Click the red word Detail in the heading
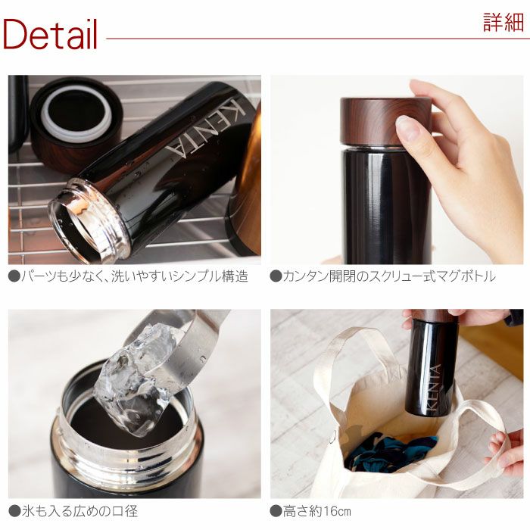point(50,34)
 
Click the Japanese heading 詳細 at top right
point(503,22)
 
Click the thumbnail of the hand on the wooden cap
point(397,170)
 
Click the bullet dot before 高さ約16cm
point(276,512)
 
